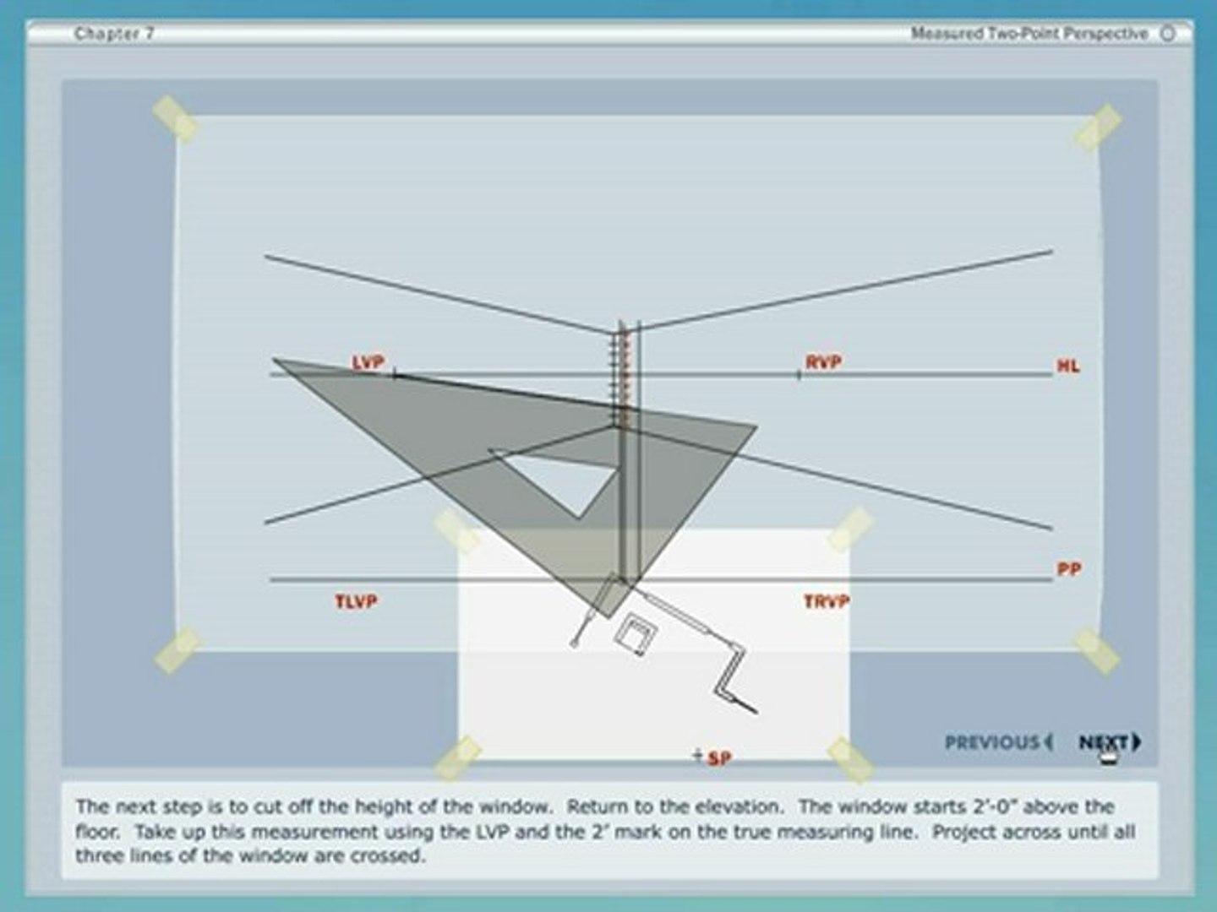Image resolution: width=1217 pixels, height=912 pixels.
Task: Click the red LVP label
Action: click(368, 363)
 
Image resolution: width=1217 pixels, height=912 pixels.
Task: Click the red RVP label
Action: click(823, 363)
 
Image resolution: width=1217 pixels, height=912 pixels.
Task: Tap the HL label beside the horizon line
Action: click(1068, 366)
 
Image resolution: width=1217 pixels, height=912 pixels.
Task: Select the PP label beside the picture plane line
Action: click(1069, 569)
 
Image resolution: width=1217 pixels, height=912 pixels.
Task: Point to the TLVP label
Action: click(356, 601)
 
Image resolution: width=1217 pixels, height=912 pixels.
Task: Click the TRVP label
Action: click(827, 601)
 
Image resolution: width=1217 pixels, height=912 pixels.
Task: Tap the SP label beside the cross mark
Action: click(720, 758)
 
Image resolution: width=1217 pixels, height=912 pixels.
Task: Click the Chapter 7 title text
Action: click(114, 34)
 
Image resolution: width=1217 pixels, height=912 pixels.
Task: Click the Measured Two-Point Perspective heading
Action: click(1029, 34)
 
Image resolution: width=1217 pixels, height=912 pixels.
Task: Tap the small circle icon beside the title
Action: click(1168, 34)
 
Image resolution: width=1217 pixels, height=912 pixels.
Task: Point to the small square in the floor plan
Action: click(636, 634)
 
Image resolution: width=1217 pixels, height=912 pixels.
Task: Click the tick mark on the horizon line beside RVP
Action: click(799, 376)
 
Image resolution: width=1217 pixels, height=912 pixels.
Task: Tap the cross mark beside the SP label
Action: click(698, 754)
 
